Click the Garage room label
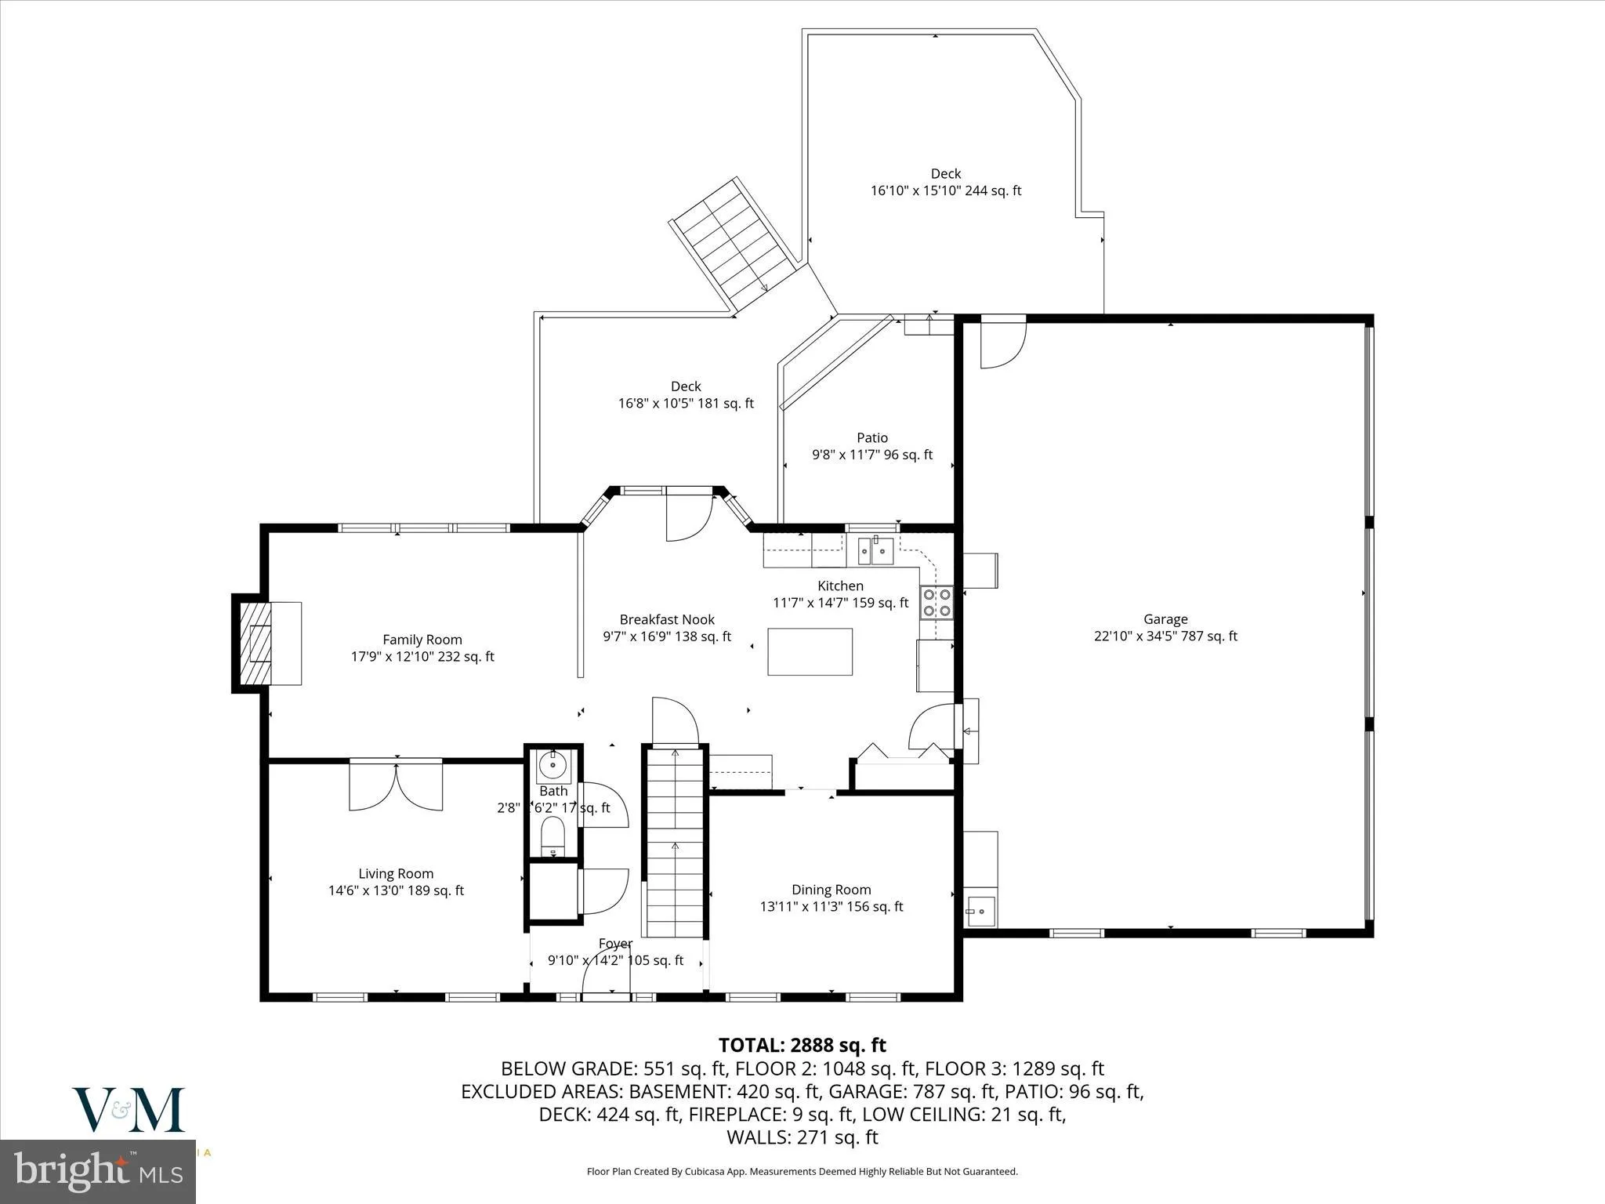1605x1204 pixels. click(1165, 619)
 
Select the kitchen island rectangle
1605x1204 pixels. click(810, 651)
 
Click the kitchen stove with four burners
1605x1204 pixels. click(937, 602)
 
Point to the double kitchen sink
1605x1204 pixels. click(875, 551)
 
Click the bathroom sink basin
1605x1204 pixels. click(553, 763)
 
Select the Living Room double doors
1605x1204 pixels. click(396, 785)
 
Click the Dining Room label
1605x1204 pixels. click(831, 890)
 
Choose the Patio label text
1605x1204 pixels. click(871, 438)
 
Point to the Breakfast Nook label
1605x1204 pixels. click(667, 620)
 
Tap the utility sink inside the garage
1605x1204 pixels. click(980, 912)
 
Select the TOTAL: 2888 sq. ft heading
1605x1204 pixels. click(802, 1045)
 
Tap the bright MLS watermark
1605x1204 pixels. click(98, 1173)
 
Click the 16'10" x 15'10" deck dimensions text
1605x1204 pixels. click(945, 190)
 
